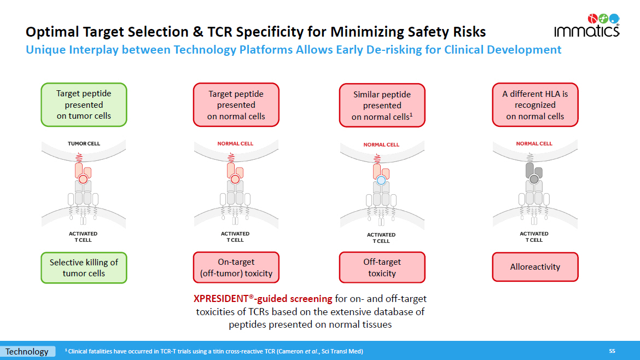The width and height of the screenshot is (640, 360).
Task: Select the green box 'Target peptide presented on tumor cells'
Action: (x=84, y=104)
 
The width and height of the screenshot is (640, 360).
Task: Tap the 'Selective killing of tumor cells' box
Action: (x=84, y=268)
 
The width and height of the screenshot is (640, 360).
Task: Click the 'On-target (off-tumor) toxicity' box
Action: (x=236, y=268)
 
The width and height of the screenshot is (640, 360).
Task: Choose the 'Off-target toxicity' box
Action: (x=382, y=268)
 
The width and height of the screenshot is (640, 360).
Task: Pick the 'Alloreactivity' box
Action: (x=535, y=267)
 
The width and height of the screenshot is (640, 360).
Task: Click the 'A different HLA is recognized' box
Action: (x=535, y=104)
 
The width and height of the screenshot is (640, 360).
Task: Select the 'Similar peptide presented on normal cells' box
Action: (x=382, y=105)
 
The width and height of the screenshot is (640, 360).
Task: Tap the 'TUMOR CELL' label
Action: (x=84, y=144)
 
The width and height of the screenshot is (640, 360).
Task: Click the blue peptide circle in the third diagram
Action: (x=381, y=180)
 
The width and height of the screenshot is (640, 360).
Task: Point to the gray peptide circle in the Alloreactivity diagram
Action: (x=534, y=179)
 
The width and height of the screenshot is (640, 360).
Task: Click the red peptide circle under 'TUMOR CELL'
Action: (x=83, y=179)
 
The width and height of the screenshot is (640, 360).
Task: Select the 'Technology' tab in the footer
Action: (x=27, y=351)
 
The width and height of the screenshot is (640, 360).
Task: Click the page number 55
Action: (x=612, y=351)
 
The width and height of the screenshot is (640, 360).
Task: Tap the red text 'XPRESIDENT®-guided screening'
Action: (x=263, y=299)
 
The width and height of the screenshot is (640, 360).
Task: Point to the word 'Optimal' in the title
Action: (x=51, y=32)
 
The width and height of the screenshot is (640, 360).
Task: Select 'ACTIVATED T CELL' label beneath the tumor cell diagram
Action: (x=84, y=236)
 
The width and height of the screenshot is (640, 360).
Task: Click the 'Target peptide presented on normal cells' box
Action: (x=236, y=104)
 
